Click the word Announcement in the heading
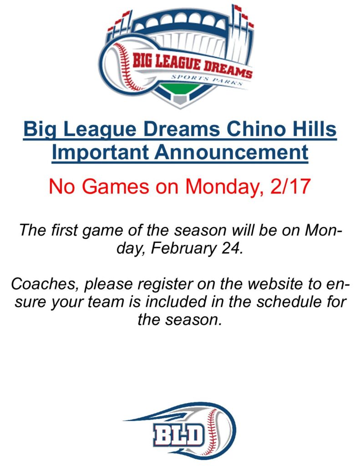(x=231, y=152)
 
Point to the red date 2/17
(x=290, y=186)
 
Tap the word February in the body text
(x=183, y=248)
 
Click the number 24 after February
(x=232, y=248)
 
